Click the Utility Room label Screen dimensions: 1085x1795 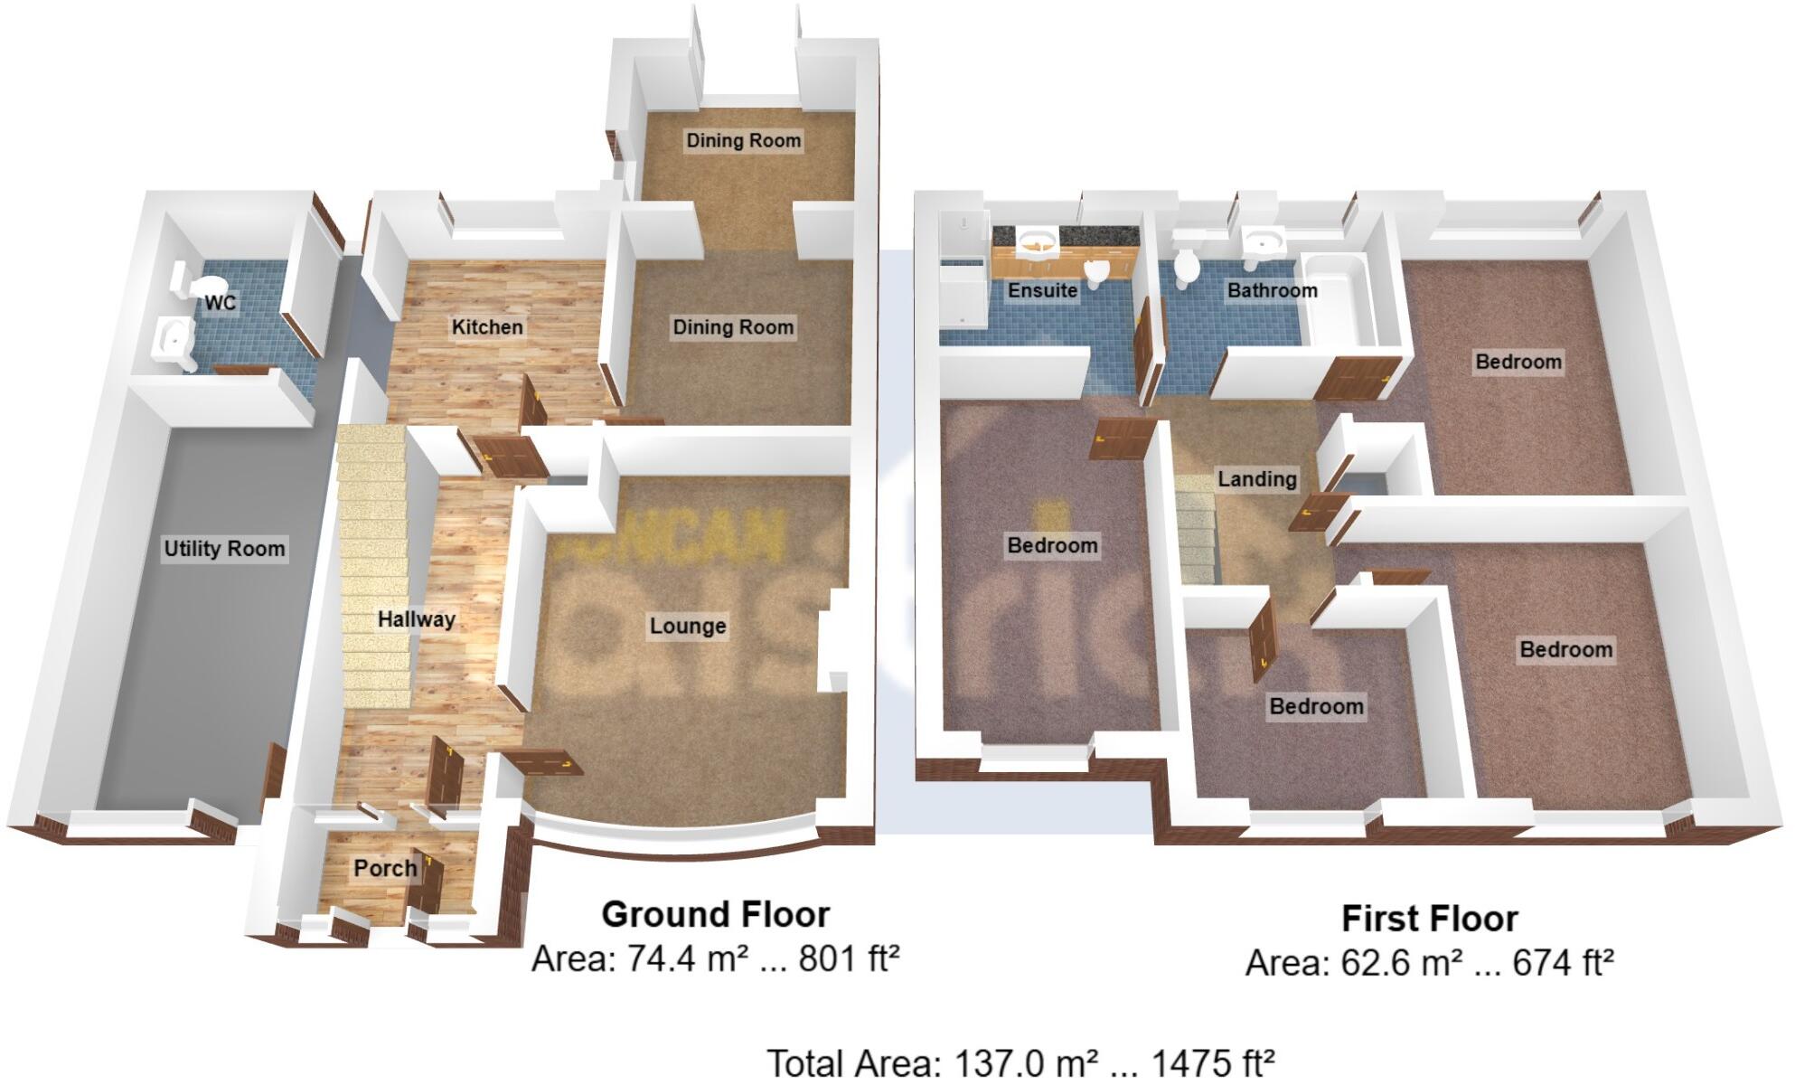[x=224, y=549]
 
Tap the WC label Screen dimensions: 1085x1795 [x=220, y=303]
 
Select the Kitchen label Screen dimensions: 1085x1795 [x=487, y=327]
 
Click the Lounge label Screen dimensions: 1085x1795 [x=688, y=627]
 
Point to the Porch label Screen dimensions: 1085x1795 [x=385, y=869]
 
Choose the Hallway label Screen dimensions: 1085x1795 [x=416, y=620]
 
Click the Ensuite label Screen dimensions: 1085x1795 [x=1042, y=291]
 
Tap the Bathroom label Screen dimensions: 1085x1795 [x=1272, y=291]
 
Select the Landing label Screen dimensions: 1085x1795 [x=1256, y=479]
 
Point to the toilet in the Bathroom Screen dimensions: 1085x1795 [x=1186, y=264]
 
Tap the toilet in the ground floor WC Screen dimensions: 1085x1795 [x=192, y=282]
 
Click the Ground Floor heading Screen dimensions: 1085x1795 [x=715, y=915]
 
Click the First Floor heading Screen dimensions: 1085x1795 [x=1429, y=919]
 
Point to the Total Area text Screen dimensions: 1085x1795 [x=1020, y=1063]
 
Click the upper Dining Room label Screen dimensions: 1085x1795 [x=743, y=141]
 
